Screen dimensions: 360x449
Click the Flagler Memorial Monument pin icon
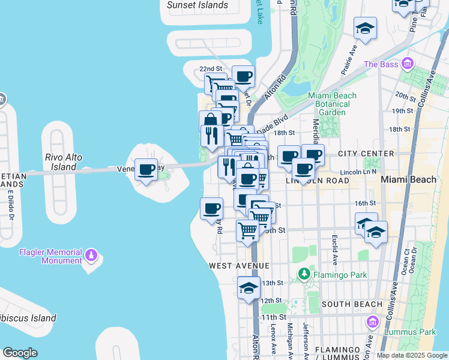(x=91, y=256)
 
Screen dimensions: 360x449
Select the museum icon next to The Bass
(x=408, y=64)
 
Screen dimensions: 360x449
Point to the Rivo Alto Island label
(x=64, y=161)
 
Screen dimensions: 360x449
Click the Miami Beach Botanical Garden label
(x=332, y=104)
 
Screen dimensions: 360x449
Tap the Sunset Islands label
(x=197, y=5)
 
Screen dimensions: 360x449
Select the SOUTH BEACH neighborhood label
(x=352, y=304)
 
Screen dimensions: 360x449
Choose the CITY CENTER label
(x=366, y=154)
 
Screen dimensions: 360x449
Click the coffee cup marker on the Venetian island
(x=146, y=170)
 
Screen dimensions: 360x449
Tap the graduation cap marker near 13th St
(x=249, y=288)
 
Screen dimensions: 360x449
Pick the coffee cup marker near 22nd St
(x=243, y=77)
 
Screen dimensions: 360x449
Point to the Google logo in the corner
(x=20, y=352)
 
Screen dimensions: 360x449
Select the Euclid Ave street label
(x=334, y=246)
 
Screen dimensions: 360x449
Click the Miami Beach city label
(x=409, y=179)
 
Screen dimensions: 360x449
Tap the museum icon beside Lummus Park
(x=372, y=323)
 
